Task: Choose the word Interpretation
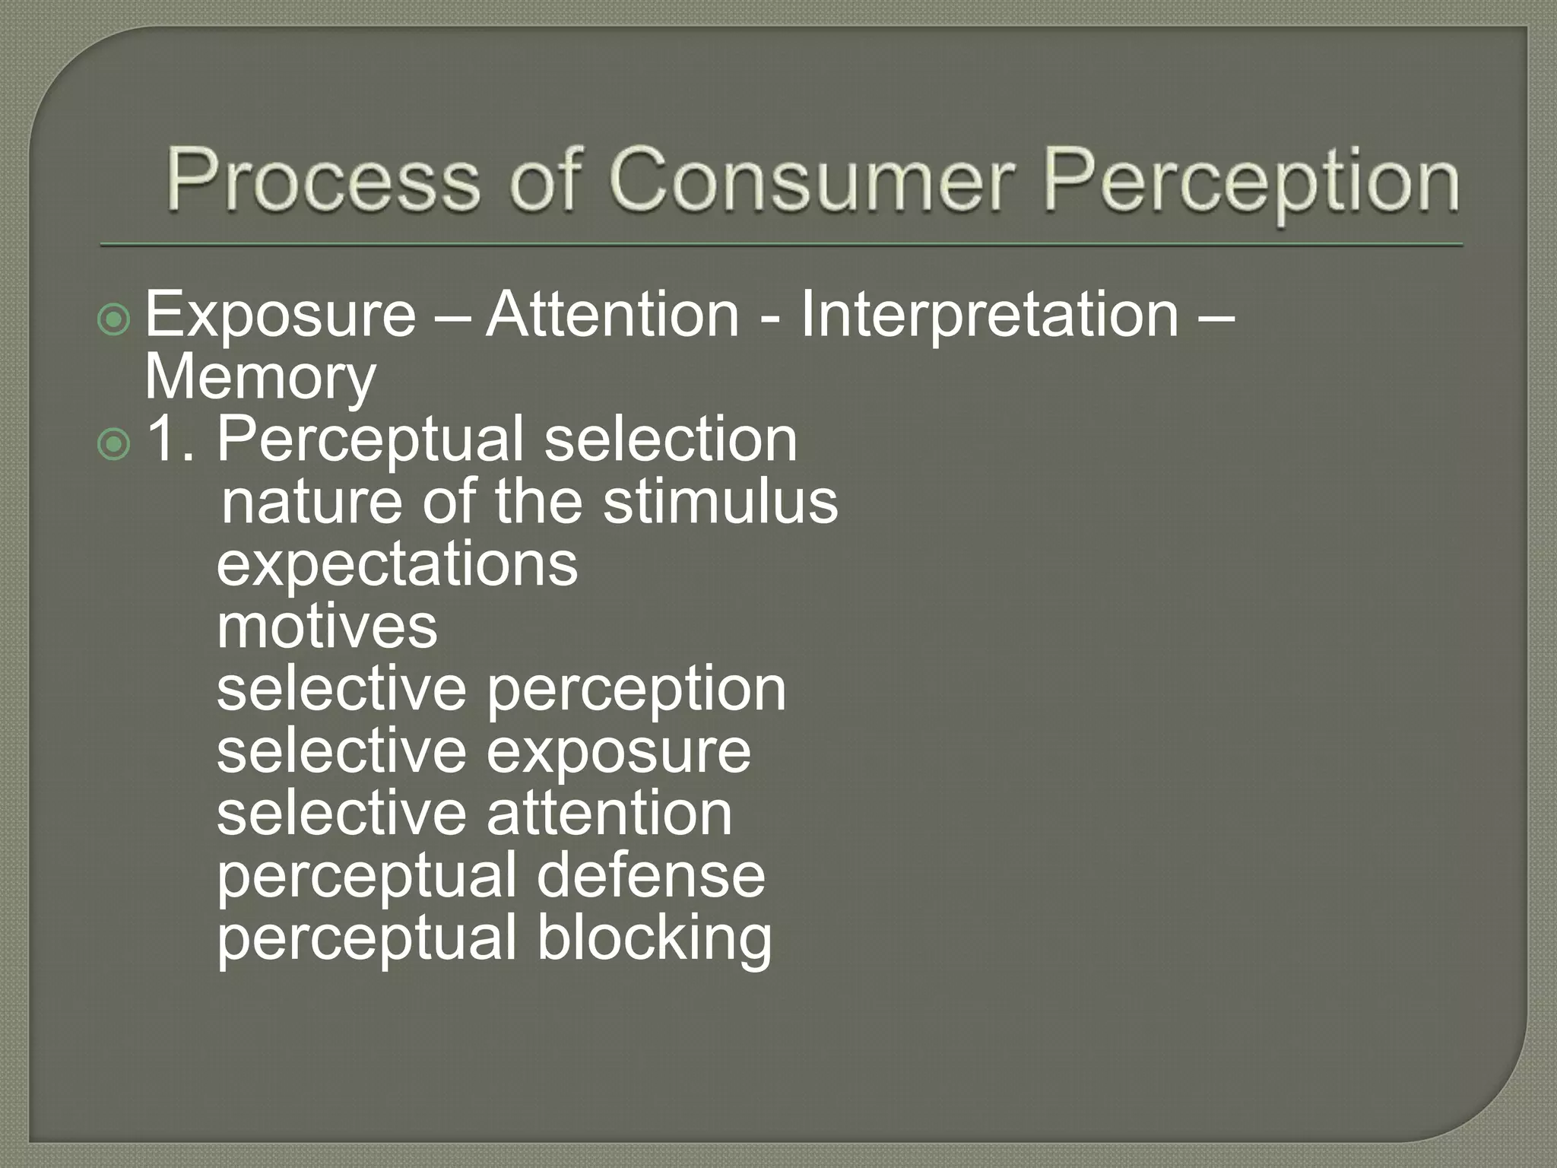point(989,315)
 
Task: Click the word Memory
point(260,377)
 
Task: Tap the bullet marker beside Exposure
point(115,320)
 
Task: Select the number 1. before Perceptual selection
point(170,439)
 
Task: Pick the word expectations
point(397,565)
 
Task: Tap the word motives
point(327,627)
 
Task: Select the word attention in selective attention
point(609,814)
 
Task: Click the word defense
point(651,877)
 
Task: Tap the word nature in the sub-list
point(312,503)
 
